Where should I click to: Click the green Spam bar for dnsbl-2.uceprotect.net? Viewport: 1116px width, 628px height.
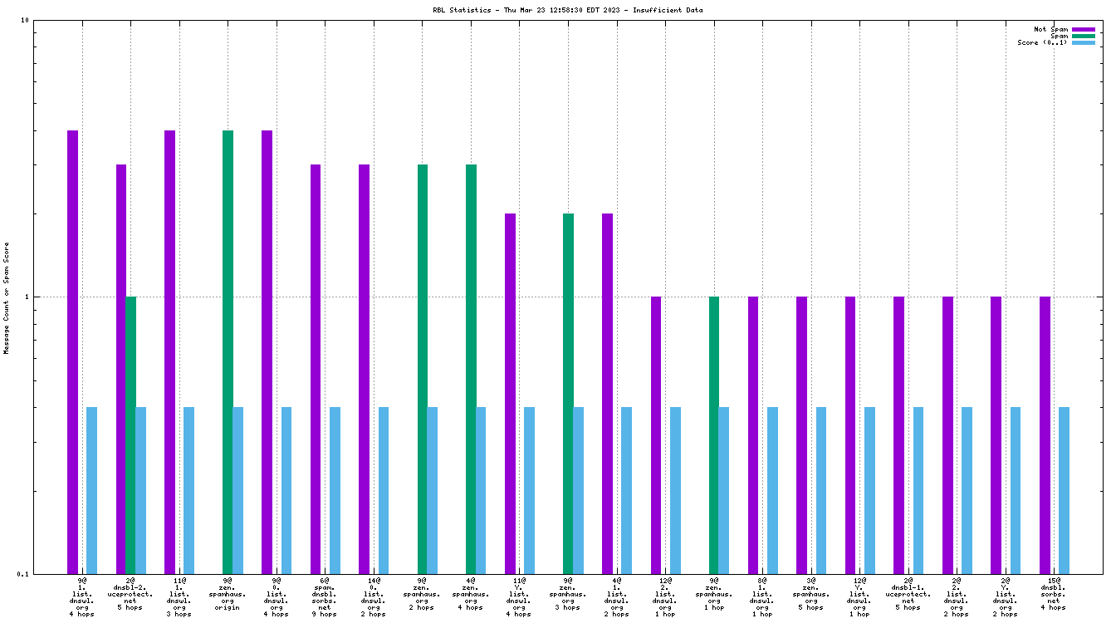coord(130,434)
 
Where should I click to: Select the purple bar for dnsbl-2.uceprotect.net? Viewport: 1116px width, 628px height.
coord(121,369)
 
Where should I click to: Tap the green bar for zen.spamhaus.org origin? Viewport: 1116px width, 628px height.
coord(228,351)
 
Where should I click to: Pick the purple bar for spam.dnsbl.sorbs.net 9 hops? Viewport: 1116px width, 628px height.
coord(316,369)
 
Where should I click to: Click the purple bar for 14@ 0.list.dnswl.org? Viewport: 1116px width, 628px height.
coord(364,369)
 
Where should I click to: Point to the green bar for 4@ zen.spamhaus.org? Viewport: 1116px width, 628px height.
coord(471,369)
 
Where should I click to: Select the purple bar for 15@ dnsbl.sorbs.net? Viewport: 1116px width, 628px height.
coord(1045,434)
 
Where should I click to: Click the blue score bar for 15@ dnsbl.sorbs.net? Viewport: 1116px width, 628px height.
coord(1064,490)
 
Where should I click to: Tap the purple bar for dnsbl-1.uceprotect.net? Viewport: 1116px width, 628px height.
coord(898,434)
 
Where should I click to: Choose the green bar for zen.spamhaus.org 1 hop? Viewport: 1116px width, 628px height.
coord(714,434)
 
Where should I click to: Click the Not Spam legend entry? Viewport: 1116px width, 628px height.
coord(1050,29)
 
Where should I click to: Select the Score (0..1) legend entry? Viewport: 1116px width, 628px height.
coord(1042,42)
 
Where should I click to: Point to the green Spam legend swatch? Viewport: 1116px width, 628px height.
coord(1084,36)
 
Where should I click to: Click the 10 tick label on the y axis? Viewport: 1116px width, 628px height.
coord(25,20)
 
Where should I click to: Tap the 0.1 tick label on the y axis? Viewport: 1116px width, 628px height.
coord(22,574)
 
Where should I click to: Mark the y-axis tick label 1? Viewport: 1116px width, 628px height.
coord(27,297)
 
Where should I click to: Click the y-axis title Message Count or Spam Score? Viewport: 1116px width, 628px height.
coord(7,297)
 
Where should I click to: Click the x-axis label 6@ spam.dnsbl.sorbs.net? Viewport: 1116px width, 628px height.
coord(325,597)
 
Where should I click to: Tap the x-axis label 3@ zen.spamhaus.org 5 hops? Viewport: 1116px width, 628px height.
coord(810,597)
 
